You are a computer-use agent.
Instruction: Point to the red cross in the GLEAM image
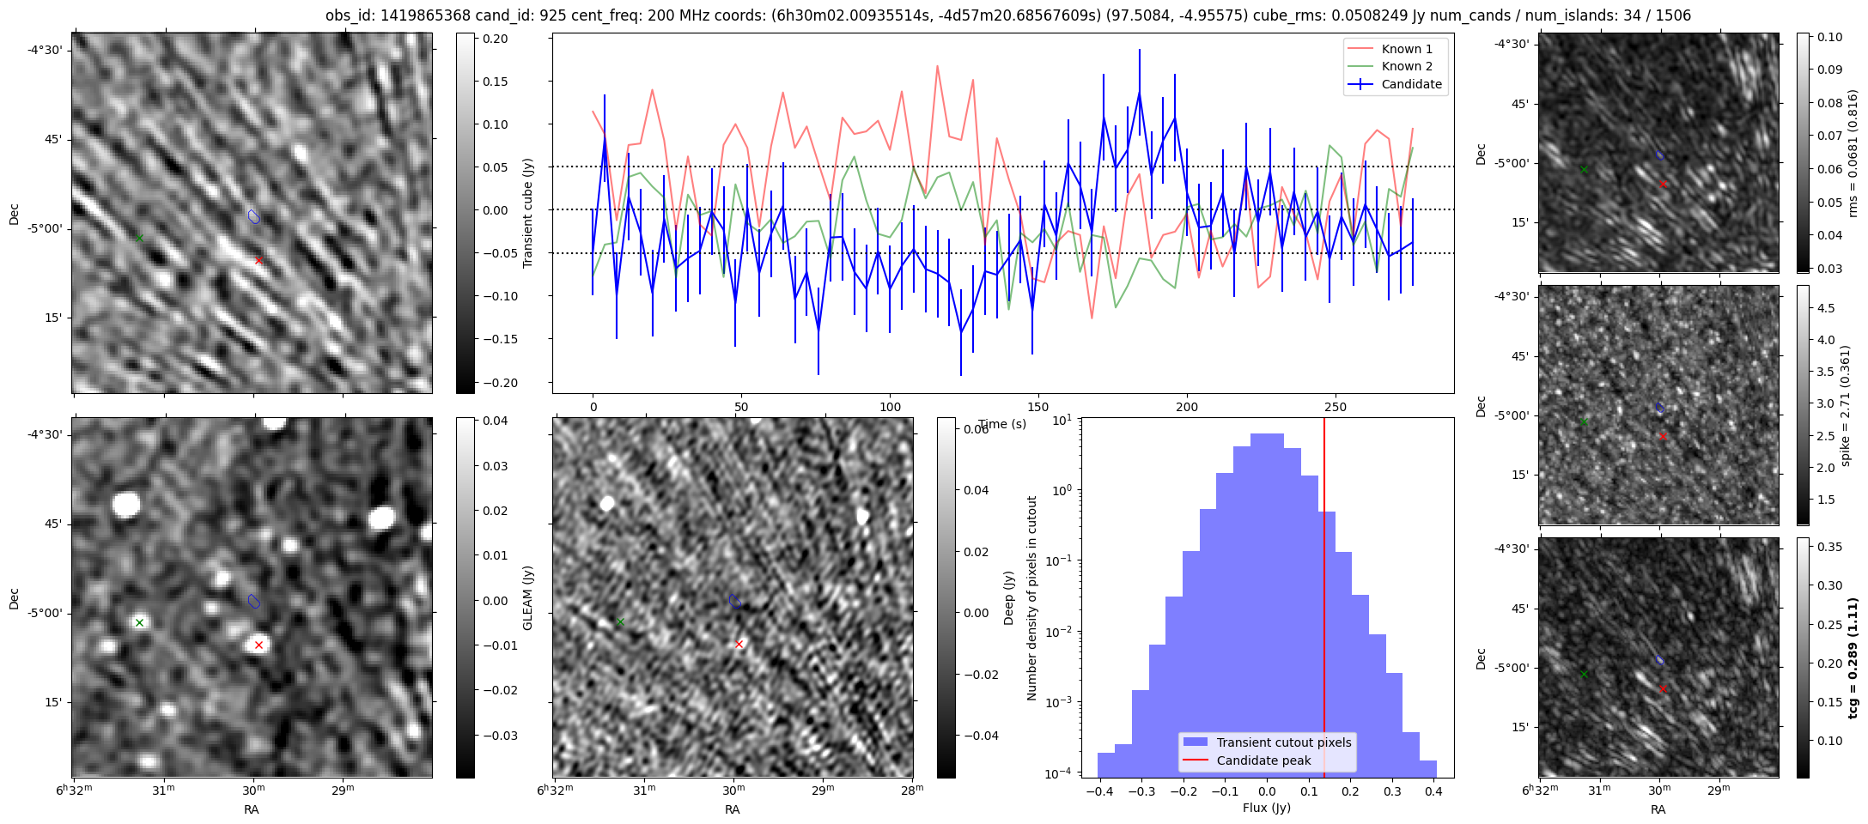coord(259,645)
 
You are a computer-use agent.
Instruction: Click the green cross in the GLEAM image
coord(139,622)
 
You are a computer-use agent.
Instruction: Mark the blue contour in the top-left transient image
coord(253,216)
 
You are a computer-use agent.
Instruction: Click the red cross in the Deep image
coord(739,644)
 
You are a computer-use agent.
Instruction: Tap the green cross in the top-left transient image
coord(139,238)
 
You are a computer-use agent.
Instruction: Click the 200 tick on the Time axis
coord(1186,407)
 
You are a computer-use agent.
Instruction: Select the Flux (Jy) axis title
coord(1266,808)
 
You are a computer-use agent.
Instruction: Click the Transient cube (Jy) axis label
coord(528,213)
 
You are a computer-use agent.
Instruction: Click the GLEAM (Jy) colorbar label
coord(528,597)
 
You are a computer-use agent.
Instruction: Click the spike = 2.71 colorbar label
coord(1847,405)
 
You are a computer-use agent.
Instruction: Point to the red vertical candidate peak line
coord(1324,601)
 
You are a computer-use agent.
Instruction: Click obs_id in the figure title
coord(349,15)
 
